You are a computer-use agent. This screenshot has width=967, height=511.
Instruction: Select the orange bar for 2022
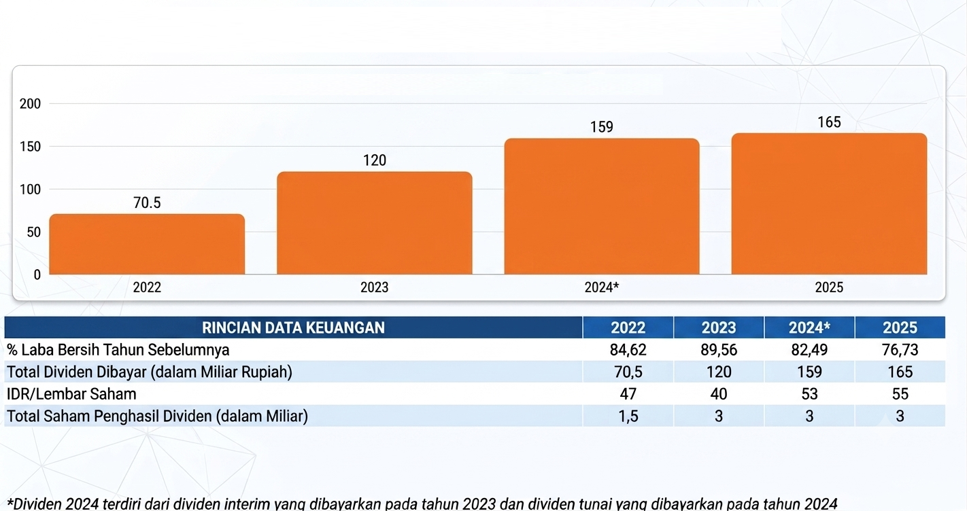(147, 244)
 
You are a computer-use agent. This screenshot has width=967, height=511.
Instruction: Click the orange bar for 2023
(374, 223)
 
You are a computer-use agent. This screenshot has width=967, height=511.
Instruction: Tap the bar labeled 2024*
(602, 206)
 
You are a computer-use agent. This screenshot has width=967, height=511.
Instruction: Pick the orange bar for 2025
(829, 204)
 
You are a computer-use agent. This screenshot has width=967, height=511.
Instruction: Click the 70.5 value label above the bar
(147, 202)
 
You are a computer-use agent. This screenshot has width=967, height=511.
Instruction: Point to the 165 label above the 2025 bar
(829, 122)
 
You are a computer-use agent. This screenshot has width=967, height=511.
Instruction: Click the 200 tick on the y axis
(30, 103)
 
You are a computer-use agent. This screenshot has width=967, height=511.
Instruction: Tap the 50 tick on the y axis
(34, 232)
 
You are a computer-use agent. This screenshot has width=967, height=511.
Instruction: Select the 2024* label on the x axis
(602, 287)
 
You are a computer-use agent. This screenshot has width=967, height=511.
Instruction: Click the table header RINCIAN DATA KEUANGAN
(293, 328)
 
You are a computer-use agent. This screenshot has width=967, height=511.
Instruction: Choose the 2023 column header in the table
(718, 328)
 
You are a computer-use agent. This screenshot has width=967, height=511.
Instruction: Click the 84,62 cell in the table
(628, 350)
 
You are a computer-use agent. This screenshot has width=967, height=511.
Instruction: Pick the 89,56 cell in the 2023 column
(719, 350)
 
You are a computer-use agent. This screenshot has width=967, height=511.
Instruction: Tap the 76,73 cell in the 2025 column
(900, 350)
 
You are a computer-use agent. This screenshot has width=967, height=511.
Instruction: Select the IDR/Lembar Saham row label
(71, 394)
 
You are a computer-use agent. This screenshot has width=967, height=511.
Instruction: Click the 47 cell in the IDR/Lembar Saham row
(628, 394)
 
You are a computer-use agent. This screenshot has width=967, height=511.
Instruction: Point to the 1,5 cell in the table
(628, 416)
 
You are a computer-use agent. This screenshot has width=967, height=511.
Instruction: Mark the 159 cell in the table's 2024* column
(809, 372)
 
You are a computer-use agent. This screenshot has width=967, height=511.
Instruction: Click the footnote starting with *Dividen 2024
(422, 504)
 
